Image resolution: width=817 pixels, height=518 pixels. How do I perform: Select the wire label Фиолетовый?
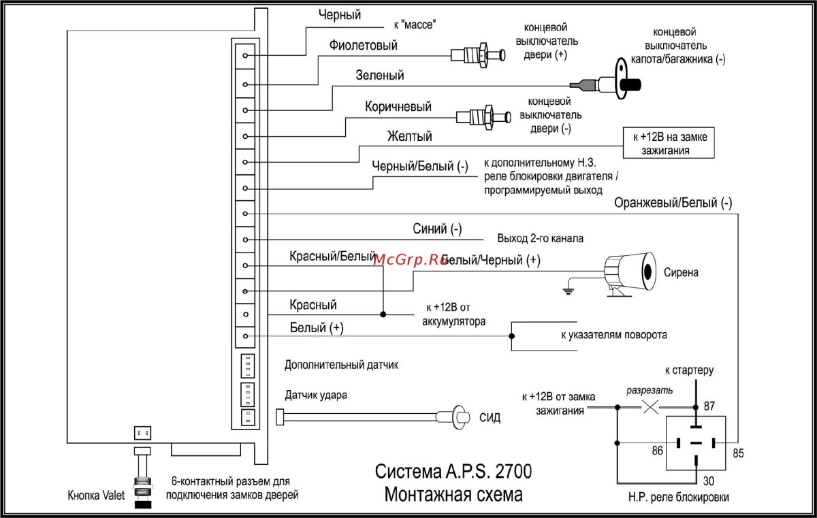pos(363,46)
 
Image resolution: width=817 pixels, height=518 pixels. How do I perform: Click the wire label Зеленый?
pos(380,76)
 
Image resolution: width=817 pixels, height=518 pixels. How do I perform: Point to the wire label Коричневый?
pos(398,107)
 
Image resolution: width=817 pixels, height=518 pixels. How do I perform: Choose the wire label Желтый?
pos(410,137)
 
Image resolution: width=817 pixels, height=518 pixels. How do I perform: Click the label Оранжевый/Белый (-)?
pos(673,203)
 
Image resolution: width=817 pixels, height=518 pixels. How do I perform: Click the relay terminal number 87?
pos(709,406)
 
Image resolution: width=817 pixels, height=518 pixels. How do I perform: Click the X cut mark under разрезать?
pos(650,407)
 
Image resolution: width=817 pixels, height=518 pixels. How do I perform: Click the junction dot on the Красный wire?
pos(383,314)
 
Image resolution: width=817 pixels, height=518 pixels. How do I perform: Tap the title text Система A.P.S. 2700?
pos(454,472)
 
